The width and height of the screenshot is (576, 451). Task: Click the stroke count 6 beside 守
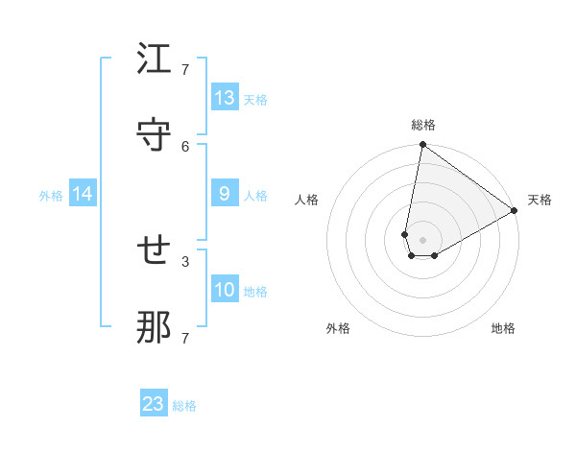[184, 146]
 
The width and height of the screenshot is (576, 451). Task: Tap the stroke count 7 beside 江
[184, 70]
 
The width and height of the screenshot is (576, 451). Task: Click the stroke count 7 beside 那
[184, 338]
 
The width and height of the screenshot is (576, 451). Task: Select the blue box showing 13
[225, 97]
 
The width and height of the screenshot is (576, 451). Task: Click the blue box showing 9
[225, 194]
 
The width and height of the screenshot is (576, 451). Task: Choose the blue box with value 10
[225, 290]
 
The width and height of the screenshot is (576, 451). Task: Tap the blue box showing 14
[83, 194]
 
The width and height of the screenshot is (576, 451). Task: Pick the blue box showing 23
[154, 404]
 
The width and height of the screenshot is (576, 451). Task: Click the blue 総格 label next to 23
[184, 406]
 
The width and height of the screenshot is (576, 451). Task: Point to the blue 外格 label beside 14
[51, 196]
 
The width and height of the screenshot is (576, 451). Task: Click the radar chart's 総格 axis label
[423, 125]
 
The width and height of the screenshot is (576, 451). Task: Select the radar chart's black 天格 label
[540, 200]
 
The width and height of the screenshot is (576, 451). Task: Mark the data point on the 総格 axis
[422, 146]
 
